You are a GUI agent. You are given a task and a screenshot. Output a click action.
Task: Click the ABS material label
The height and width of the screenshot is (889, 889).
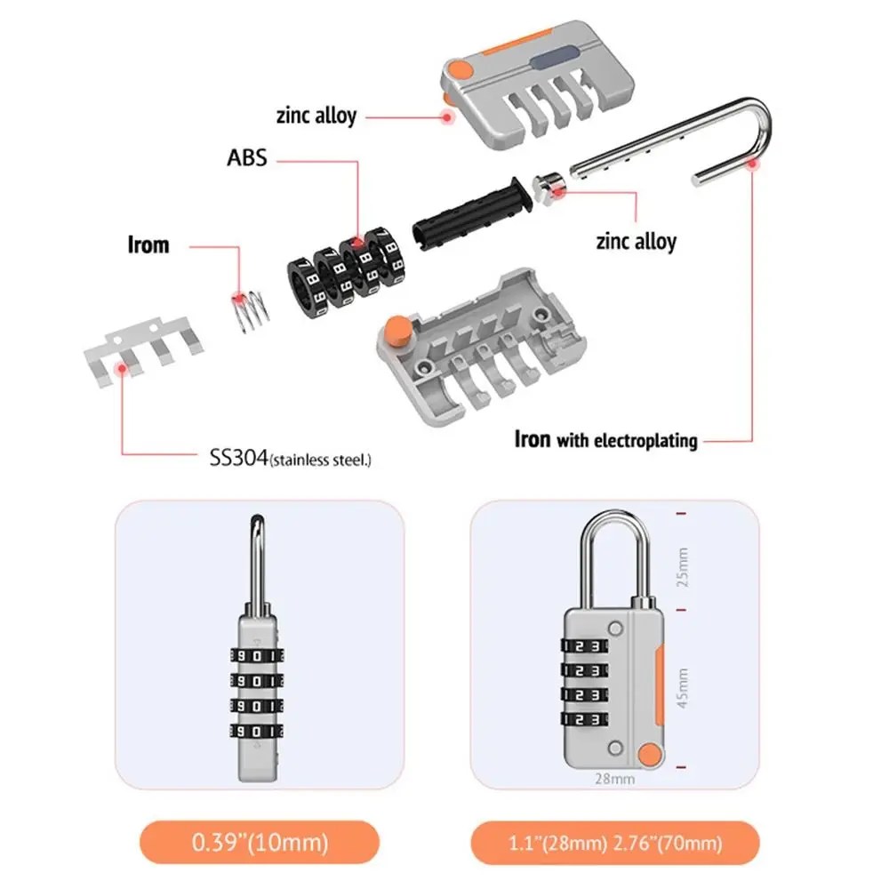coord(247,159)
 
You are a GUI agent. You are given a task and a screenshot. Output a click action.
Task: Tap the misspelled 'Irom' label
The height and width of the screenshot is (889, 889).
coord(148,244)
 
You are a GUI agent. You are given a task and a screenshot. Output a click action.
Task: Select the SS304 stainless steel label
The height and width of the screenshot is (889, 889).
coord(284,459)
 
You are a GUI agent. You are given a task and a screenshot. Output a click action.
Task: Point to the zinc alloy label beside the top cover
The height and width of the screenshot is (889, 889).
coord(316,115)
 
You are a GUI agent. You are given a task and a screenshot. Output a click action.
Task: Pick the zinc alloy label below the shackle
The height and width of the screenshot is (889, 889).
coord(636,241)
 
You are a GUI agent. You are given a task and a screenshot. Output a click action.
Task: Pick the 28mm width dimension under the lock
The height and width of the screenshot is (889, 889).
coord(613,779)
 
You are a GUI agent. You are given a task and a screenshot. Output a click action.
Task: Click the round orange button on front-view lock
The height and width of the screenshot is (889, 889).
coord(652,755)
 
